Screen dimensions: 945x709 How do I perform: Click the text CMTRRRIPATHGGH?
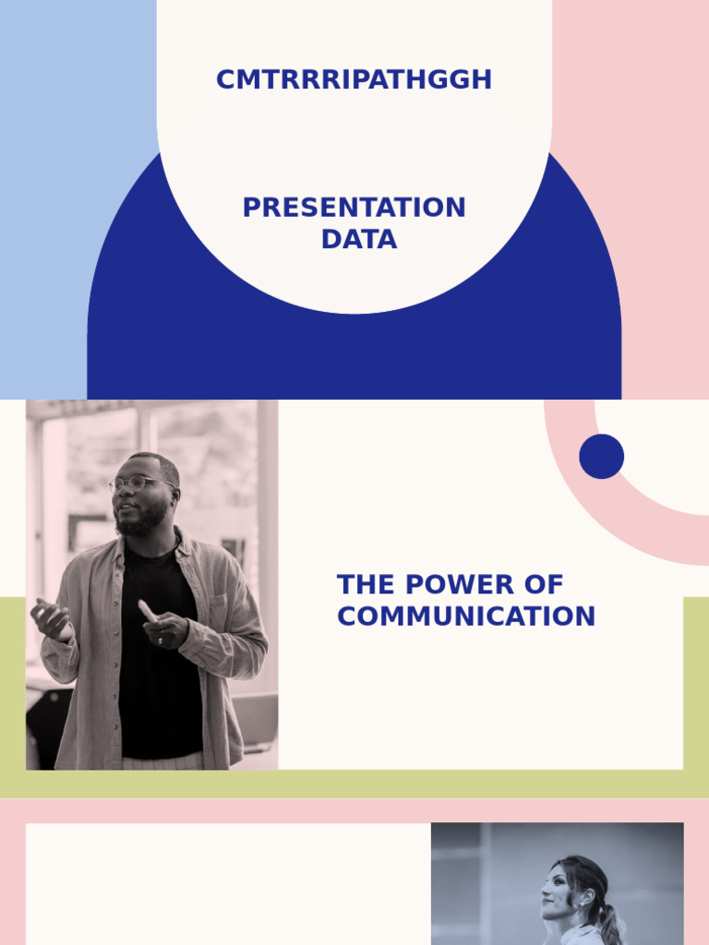[354, 80]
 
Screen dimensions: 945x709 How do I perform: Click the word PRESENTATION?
[354, 208]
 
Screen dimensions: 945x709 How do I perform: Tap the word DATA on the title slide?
[359, 239]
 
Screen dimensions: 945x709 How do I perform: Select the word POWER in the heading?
[458, 585]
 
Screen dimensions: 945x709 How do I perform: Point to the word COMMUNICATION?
[466, 616]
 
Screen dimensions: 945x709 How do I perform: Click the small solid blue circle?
[602, 457]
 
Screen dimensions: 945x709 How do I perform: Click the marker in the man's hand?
[148, 611]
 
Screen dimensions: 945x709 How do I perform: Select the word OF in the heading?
[546, 585]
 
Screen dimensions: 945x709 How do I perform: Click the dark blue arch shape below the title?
[354, 355]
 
